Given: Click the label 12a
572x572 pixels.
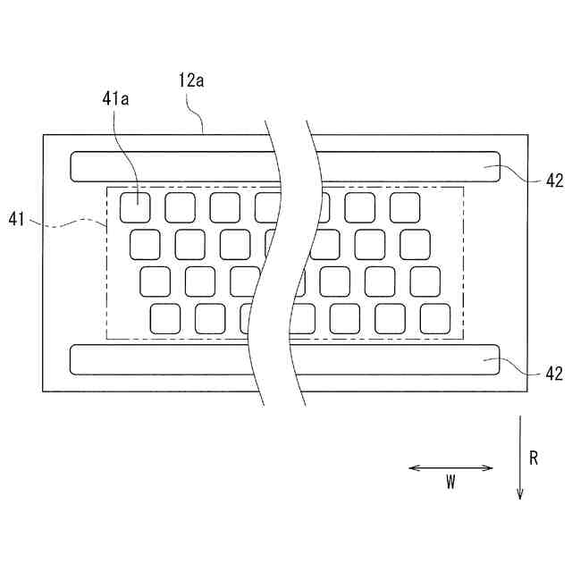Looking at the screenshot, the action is point(191,80).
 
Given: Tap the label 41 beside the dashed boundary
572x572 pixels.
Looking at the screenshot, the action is point(18,218).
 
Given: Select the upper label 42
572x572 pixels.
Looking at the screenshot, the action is point(554,180).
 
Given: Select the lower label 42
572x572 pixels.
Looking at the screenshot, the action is point(554,374).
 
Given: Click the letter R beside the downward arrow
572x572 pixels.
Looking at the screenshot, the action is point(534,458).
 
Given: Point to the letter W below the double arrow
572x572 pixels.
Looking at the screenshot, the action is point(450,483).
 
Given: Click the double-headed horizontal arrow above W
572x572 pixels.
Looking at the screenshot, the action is point(450,467).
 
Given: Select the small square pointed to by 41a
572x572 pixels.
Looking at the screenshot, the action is point(135,206).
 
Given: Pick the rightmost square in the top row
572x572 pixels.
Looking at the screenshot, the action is point(405,206).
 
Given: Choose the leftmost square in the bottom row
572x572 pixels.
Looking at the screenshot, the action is point(165,318).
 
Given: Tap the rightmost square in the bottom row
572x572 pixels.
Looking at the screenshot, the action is point(435,318).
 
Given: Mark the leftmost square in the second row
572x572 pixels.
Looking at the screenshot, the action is point(145,244).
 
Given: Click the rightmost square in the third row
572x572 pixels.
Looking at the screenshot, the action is point(425,281).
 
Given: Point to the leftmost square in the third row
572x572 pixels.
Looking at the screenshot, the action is point(155,281).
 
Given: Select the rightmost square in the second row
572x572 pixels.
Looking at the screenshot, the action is point(415,244).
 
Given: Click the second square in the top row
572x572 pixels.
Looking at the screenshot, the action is point(180,206).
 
